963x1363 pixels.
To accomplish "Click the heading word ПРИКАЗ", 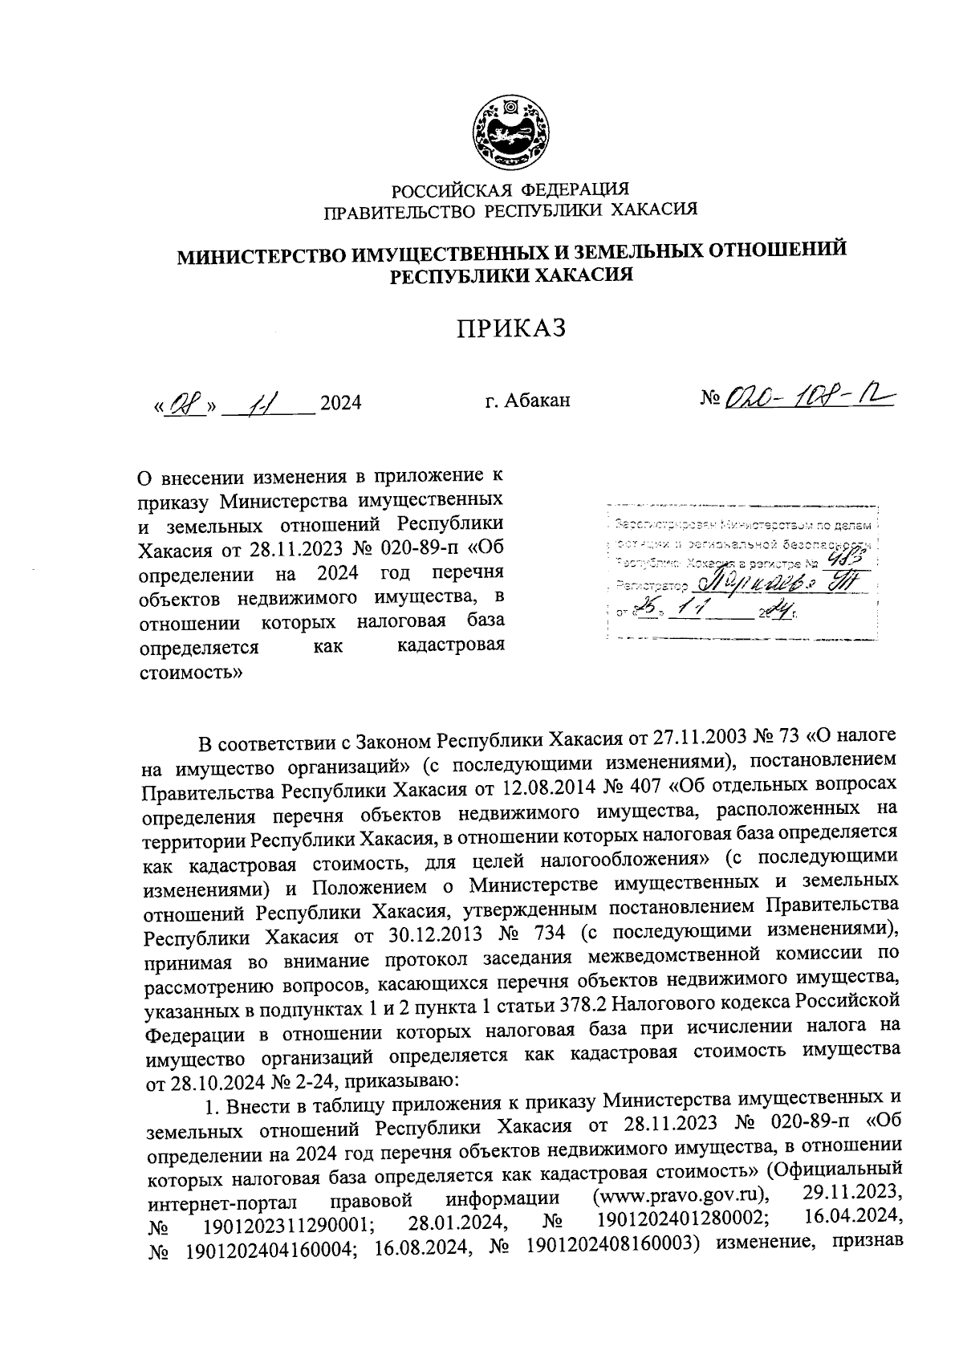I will pyautogui.click(x=511, y=328).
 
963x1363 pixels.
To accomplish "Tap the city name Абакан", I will pyautogui.click(x=538, y=400).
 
